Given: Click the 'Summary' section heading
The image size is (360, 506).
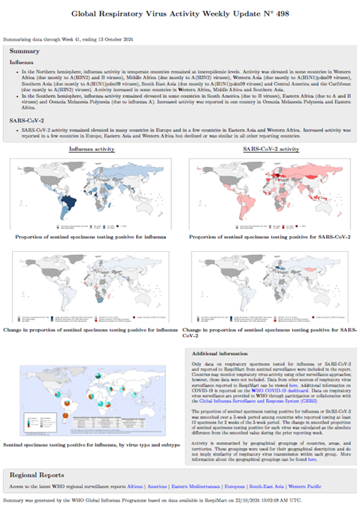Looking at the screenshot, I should (25, 51).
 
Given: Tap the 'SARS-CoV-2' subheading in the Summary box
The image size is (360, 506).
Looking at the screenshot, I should (27, 120).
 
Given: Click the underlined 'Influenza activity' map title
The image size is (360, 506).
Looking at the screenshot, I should (92, 150).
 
